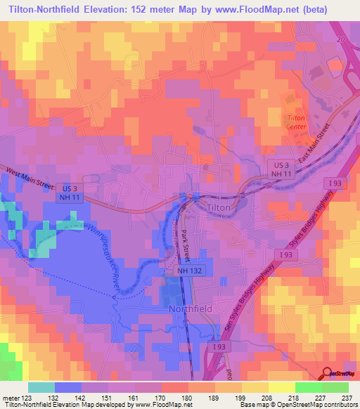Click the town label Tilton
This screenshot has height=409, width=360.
(223, 208)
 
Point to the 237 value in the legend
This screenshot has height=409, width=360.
(347, 397)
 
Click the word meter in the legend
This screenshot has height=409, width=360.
(11, 397)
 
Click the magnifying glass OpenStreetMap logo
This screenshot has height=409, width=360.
(327, 375)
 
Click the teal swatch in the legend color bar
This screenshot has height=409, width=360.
(41, 387)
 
